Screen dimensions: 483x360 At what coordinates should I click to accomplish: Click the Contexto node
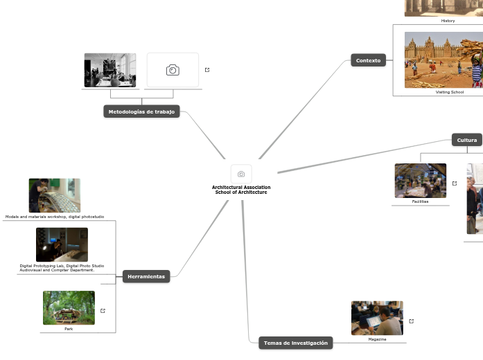(x=368, y=60)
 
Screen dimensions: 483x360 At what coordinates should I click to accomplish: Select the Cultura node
(x=466, y=140)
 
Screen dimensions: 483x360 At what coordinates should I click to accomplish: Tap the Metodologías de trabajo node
(x=141, y=111)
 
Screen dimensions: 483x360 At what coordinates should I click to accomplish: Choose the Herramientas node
(x=146, y=276)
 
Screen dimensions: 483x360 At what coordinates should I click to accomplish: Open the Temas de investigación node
(x=295, y=343)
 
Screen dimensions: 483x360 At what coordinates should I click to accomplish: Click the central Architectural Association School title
(x=241, y=190)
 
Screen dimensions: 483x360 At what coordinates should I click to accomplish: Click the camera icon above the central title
(x=241, y=174)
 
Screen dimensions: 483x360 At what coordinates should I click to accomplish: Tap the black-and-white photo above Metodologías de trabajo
(x=110, y=70)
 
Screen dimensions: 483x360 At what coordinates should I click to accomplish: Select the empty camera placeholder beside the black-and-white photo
(x=173, y=70)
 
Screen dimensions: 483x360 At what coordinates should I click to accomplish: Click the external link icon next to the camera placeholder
(x=207, y=70)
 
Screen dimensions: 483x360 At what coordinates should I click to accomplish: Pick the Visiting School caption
(x=449, y=92)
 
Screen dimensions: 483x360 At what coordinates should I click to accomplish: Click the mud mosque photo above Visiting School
(x=444, y=60)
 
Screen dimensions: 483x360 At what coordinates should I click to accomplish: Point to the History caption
(x=448, y=21)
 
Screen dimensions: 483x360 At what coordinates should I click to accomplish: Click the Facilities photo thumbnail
(x=420, y=181)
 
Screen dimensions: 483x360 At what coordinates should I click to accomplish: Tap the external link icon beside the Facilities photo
(x=455, y=183)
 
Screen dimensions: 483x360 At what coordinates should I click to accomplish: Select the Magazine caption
(x=377, y=339)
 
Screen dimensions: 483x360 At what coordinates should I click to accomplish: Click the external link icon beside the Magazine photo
(x=412, y=321)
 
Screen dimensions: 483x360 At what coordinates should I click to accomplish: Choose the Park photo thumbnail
(x=69, y=307)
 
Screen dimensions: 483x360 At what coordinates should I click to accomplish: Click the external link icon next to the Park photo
(x=103, y=311)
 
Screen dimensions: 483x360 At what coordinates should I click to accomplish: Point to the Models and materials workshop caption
(x=55, y=217)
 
